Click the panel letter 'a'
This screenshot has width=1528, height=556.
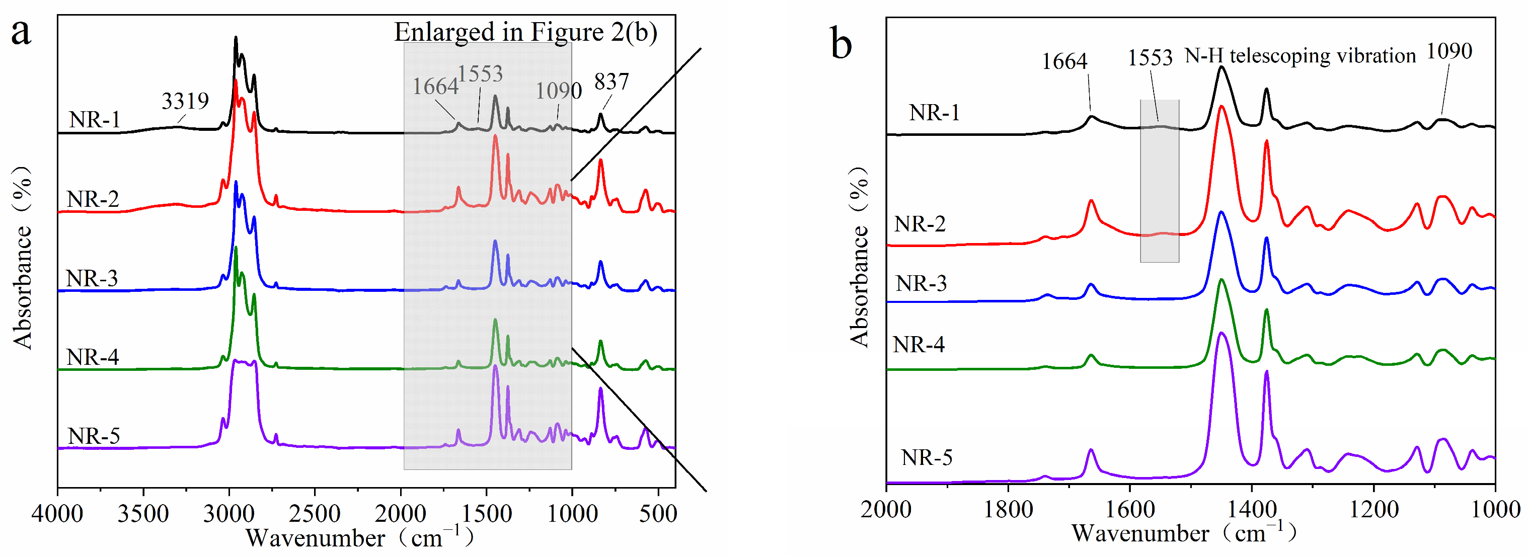click(21, 33)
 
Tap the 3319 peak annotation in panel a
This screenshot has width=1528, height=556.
click(185, 101)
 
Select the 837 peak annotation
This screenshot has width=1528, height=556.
click(611, 82)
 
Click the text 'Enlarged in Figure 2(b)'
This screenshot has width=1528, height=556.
click(525, 32)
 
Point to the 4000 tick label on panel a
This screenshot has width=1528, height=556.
click(57, 513)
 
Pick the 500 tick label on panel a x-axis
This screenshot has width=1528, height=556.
click(658, 513)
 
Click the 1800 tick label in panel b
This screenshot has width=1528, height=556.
click(1008, 509)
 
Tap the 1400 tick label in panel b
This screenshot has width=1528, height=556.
click(1252, 509)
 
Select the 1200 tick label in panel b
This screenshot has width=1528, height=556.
click(1374, 509)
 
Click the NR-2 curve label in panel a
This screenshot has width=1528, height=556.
click(93, 199)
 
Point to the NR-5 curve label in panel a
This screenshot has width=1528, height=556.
click(94, 436)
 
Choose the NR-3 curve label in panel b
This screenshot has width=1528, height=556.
click(921, 283)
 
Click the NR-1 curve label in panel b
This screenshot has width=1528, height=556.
click(934, 112)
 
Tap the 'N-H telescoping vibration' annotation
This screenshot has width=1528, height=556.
click(1300, 56)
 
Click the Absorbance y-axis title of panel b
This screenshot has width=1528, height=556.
click(858, 256)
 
